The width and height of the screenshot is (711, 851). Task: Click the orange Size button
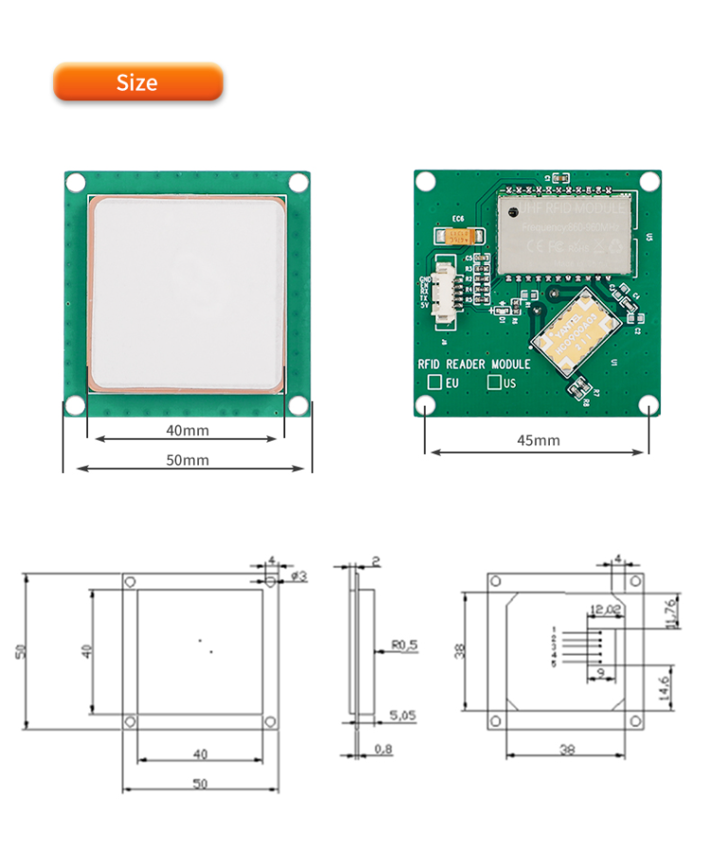pyautogui.click(x=137, y=82)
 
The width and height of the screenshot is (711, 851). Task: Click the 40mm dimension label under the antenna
pyautogui.click(x=188, y=430)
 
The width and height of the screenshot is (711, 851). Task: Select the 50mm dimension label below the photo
pyautogui.click(x=188, y=460)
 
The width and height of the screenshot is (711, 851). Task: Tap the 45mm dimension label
pyautogui.click(x=538, y=440)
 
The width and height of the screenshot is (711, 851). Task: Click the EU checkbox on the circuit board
pyautogui.click(x=435, y=382)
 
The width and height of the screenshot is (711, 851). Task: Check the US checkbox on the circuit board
pyautogui.click(x=494, y=382)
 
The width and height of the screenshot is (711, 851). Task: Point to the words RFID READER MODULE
pyautogui.click(x=474, y=363)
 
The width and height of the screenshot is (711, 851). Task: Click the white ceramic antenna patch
pyautogui.click(x=187, y=294)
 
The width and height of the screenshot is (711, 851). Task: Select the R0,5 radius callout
pyautogui.click(x=405, y=645)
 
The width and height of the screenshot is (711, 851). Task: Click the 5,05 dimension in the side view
pyautogui.click(x=403, y=717)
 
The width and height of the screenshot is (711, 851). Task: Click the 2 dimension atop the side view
pyautogui.click(x=376, y=561)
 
